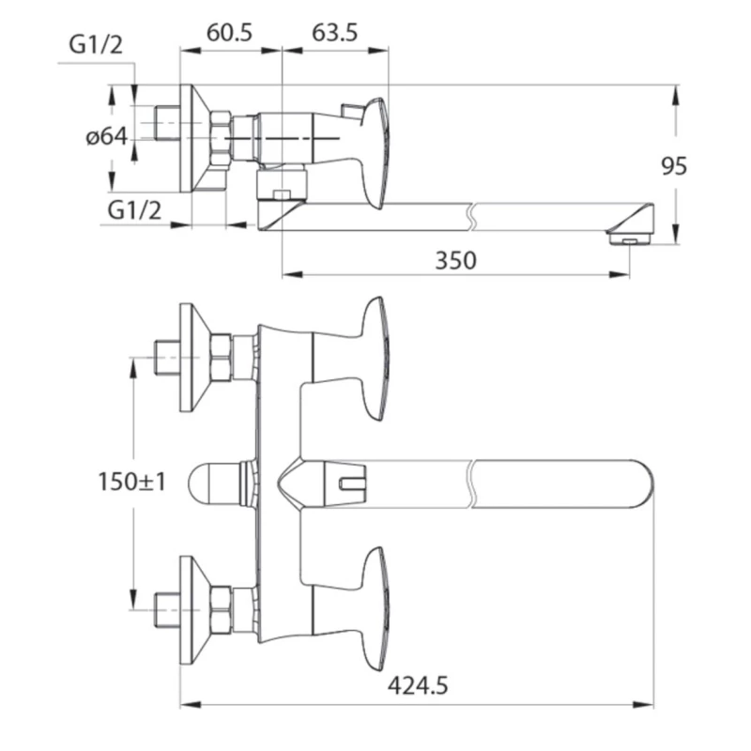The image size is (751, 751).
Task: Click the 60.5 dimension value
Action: tap(229, 33)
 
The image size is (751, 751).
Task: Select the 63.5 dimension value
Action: tap(335, 33)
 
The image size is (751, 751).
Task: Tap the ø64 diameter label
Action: tap(107, 137)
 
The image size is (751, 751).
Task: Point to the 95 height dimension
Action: tap(674, 166)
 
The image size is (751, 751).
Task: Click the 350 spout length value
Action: tap(455, 261)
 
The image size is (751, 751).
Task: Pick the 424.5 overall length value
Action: tap(418, 686)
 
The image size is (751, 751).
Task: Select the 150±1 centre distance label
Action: tap(131, 482)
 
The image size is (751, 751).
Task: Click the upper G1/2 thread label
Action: tap(96, 45)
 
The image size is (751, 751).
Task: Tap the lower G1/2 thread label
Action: tap(134, 210)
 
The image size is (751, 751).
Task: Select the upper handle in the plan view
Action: tap(375, 360)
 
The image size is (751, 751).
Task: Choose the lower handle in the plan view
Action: tap(375, 608)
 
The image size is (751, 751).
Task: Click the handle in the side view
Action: tap(374, 153)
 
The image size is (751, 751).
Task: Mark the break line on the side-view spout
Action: tap(471, 217)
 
